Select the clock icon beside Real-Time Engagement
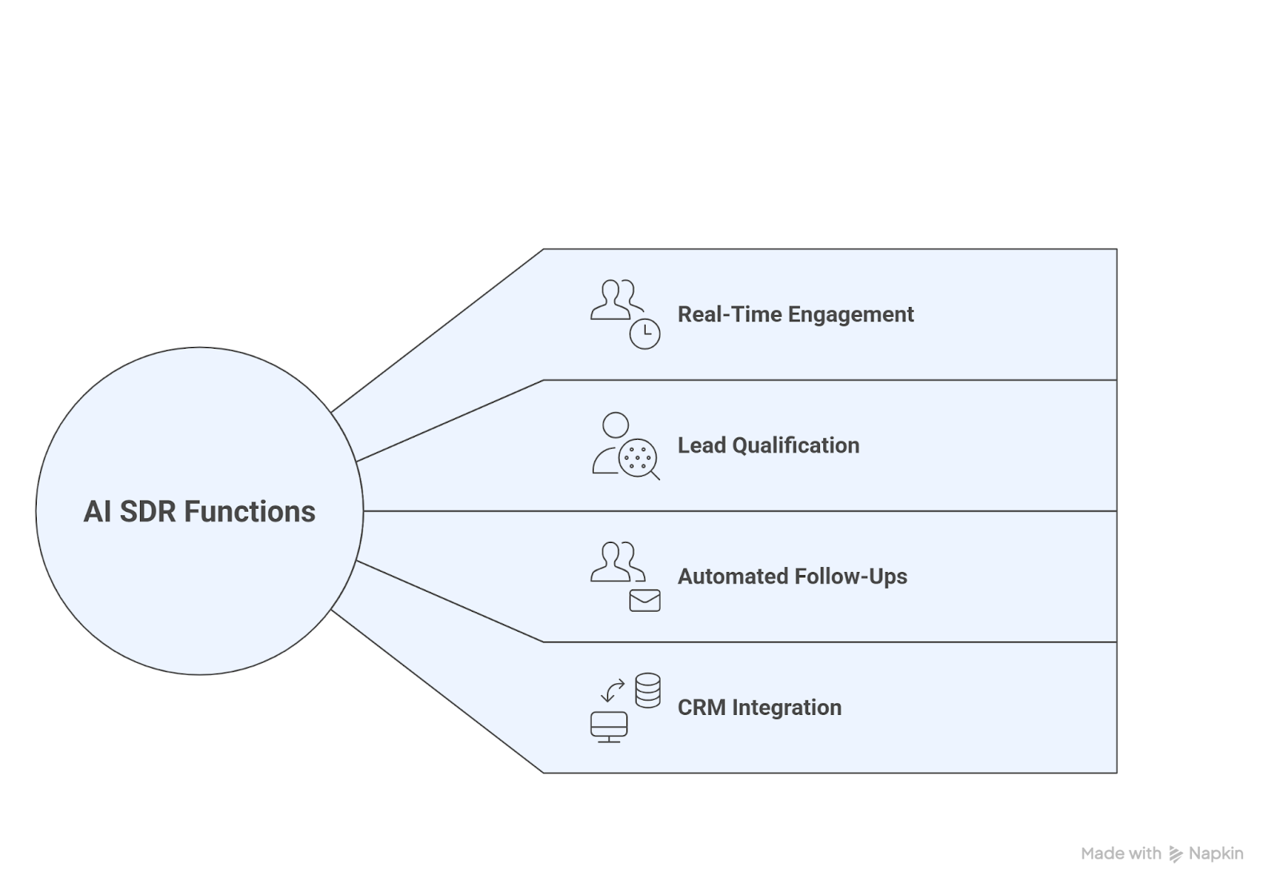coord(645,334)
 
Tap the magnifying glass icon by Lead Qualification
coord(639,459)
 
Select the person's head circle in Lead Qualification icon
coord(615,425)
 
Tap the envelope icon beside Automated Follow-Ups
coord(645,601)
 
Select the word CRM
coord(702,708)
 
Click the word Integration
coord(786,708)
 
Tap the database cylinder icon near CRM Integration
coord(648,690)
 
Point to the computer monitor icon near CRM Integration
coord(609,726)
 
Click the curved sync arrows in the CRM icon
coord(613,690)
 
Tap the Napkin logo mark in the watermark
coord(1175,854)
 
